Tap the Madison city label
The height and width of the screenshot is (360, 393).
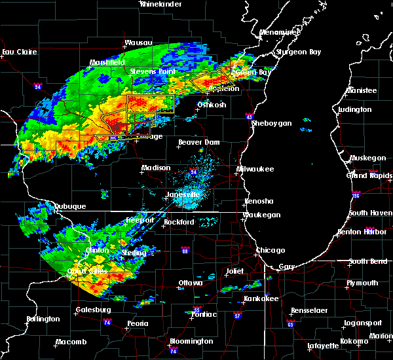click(156, 168)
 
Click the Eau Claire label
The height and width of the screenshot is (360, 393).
click(17, 52)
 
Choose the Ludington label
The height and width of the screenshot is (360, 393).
click(356, 109)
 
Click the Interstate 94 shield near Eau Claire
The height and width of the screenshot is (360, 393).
click(38, 86)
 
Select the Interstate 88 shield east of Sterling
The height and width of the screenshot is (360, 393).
click(185, 250)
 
